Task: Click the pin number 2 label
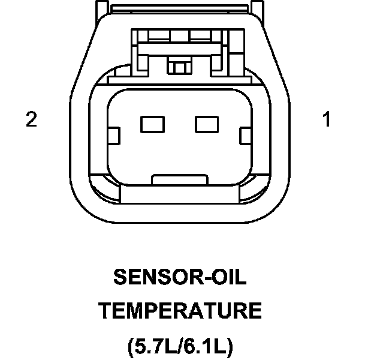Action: pos(31,120)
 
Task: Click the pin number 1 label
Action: pos(327,120)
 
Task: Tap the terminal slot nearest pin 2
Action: pos(152,124)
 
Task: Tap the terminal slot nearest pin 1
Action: pos(207,124)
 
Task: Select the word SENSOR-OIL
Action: pos(180,278)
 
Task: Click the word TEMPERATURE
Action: pos(180,311)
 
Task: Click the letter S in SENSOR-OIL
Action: pos(119,278)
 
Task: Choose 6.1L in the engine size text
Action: pos(204,346)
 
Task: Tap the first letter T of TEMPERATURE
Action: pos(105,311)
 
